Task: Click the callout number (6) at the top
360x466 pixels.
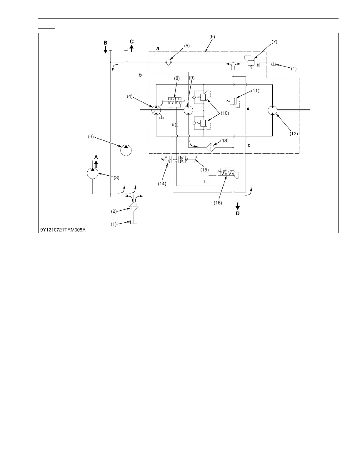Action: (x=212, y=37)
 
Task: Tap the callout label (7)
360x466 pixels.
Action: (x=274, y=41)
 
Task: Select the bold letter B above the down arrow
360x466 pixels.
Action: (x=105, y=43)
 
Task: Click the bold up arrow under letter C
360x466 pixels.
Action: (x=131, y=48)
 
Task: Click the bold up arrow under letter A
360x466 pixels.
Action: (x=96, y=164)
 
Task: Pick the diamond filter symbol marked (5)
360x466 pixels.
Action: (x=168, y=62)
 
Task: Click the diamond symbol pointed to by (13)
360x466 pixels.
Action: (x=211, y=147)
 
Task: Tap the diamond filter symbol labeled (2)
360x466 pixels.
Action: (x=134, y=207)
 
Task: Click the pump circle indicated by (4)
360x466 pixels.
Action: (x=156, y=110)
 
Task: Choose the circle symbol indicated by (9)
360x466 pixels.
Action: (x=188, y=110)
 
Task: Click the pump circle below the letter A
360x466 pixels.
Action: (x=93, y=173)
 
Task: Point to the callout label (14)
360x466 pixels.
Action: (x=162, y=184)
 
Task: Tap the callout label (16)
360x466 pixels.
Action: (x=218, y=203)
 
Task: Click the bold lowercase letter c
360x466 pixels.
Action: (x=249, y=145)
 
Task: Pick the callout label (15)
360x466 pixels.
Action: (x=204, y=169)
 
